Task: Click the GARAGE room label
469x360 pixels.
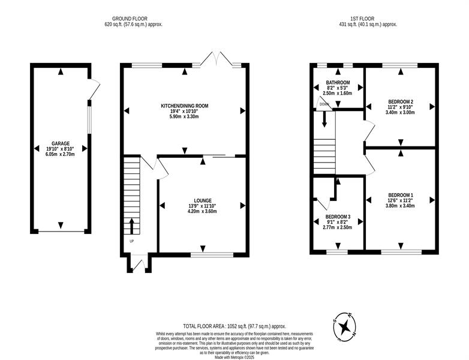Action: coord(61,143)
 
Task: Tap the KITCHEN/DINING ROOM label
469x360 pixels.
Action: coord(185,106)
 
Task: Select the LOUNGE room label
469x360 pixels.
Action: coord(203,200)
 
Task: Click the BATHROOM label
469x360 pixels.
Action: coord(338,83)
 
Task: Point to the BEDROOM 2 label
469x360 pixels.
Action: coord(401,101)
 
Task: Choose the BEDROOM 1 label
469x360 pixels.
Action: coord(401,195)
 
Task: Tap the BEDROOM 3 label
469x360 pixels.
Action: coord(338,217)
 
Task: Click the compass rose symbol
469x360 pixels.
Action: coord(345,327)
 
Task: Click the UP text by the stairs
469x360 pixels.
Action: coord(131,241)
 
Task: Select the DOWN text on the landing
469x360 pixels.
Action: coord(324,104)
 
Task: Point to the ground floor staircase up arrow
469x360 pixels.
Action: coord(131,226)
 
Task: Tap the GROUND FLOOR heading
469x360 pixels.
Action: coord(130,19)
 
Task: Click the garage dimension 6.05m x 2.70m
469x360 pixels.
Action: coord(61,154)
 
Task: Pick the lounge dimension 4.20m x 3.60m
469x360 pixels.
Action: coord(203,211)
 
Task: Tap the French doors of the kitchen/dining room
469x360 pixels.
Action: coord(217,59)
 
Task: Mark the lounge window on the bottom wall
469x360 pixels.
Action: coord(212,254)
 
